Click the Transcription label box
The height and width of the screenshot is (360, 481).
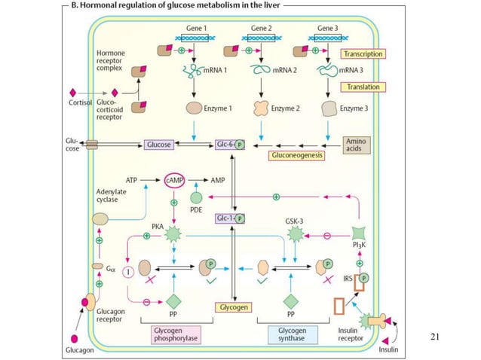click(x=363, y=54)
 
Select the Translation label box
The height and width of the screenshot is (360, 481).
click(x=363, y=87)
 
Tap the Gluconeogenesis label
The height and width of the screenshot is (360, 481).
click(x=296, y=156)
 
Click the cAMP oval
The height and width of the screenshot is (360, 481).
click(x=175, y=181)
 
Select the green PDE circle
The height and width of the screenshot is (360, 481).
click(x=196, y=199)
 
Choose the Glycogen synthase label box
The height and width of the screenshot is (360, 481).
click(x=292, y=334)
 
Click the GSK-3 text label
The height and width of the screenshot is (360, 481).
click(x=295, y=221)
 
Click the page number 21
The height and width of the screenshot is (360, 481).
click(x=433, y=336)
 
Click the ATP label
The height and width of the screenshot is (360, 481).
click(x=132, y=180)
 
